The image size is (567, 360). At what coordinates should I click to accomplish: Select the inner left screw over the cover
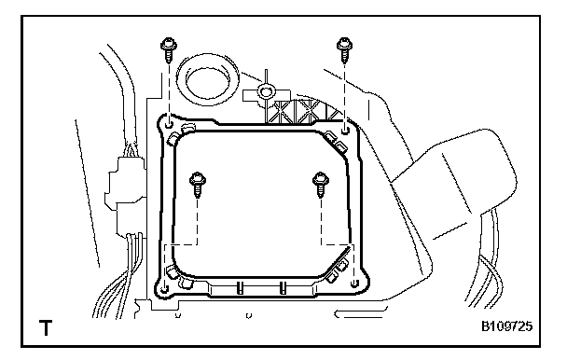click(x=198, y=184)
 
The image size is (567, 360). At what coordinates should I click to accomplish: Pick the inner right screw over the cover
click(x=321, y=184)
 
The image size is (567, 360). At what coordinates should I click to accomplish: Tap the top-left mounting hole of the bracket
click(x=169, y=125)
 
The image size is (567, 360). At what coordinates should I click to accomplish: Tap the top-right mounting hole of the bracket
click(x=345, y=129)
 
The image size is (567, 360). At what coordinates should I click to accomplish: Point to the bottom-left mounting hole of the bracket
click(x=164, y=289)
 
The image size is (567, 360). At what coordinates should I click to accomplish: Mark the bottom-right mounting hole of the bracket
click(x=354, y=283)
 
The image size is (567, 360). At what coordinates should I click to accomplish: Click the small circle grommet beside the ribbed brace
click(x=266, y=90)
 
